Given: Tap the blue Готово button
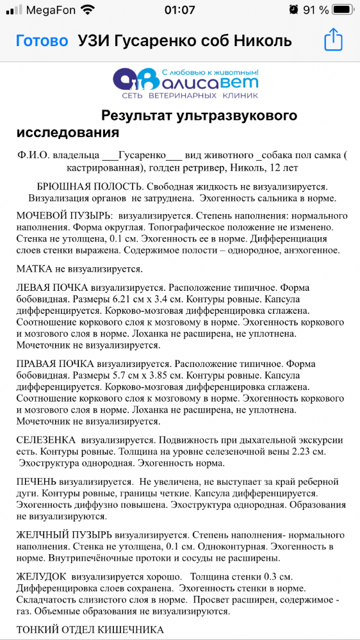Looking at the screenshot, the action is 42,41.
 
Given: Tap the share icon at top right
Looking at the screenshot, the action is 334,41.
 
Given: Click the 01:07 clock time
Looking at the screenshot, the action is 179,10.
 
